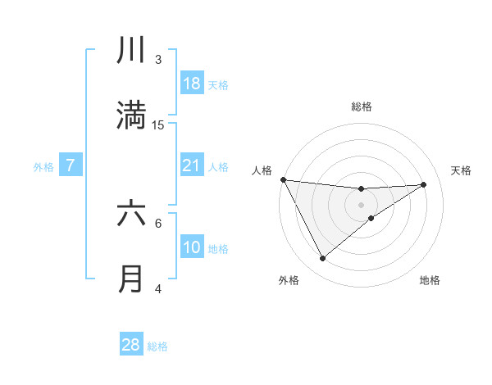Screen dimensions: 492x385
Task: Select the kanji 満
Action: pos(131,115)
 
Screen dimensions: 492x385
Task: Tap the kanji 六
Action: pos(131,214)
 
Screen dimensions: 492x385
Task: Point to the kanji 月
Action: pos(131,279)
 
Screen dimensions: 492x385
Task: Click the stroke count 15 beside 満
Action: pos(158,125)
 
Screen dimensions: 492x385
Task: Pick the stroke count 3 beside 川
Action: pos(158,59)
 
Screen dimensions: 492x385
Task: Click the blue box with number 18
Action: pos(192,84)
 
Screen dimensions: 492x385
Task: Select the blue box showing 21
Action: pos(192,165)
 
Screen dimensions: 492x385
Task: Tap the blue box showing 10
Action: pos(192,247)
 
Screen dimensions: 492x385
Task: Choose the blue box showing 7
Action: pos(71,165)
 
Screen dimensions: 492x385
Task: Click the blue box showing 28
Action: pos(131,345)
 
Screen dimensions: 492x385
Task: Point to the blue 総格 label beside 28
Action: pos(157,346)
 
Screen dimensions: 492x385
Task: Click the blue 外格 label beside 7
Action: pos(43,167)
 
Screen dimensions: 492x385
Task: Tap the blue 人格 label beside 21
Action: pos(218,167)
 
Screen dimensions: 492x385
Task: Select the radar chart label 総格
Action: pos(362,106)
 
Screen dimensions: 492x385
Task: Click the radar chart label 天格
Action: pos(462,170)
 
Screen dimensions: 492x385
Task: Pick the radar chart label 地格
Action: pos(430,280)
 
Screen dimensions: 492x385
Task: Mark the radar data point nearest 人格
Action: pos(283,179)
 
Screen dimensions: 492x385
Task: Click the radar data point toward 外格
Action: pos(323,258)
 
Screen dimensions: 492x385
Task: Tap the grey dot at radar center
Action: pos(362,204)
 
